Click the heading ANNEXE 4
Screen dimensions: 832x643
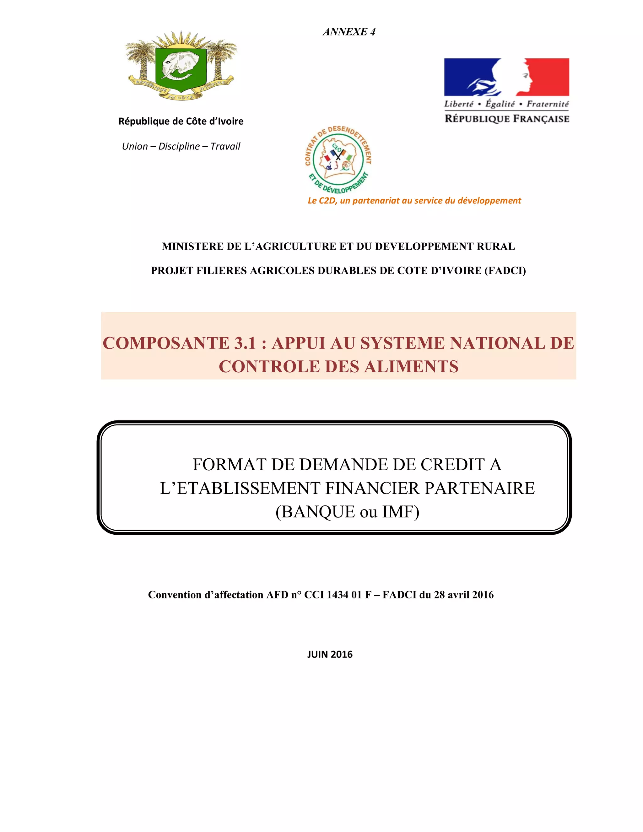pos(349,32)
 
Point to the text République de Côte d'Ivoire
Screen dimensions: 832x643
pos(181,121)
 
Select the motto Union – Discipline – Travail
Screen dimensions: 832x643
pos(181,146)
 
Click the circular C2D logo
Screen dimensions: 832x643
pos(338,160)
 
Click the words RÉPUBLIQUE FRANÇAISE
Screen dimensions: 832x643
pos(507,119)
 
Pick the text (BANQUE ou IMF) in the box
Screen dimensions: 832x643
pos(348,512)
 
